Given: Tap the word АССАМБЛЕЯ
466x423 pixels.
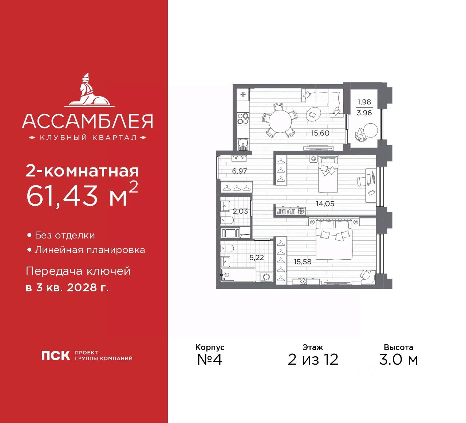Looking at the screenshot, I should (x=87, y=121).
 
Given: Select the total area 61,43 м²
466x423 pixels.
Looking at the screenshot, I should (x=82, y=195).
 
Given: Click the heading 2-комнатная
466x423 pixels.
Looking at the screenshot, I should (x=82, y=171).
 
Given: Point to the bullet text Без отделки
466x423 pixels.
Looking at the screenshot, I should (x=65, y=236).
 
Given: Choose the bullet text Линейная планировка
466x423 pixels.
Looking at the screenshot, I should (x=90, y=250).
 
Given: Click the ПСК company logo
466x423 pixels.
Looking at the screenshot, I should (x=56, y=356).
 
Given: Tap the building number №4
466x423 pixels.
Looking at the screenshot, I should (x=209, y=359).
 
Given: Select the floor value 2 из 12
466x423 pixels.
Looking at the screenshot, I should (x=313, y=360).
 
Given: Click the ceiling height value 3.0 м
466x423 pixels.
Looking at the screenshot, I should (x=398, y=360).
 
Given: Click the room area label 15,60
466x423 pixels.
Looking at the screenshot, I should (x=320, y=133).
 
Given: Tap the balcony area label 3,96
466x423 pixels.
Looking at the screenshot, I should (x=364, y=113).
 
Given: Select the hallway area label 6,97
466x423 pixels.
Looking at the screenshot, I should (x=240, y=171).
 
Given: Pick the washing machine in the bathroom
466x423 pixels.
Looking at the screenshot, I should (x=266, y=277).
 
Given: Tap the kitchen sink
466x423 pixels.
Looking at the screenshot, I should (x=243, y=144).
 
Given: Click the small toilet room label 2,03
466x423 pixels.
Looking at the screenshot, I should (x=240, y=211).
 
